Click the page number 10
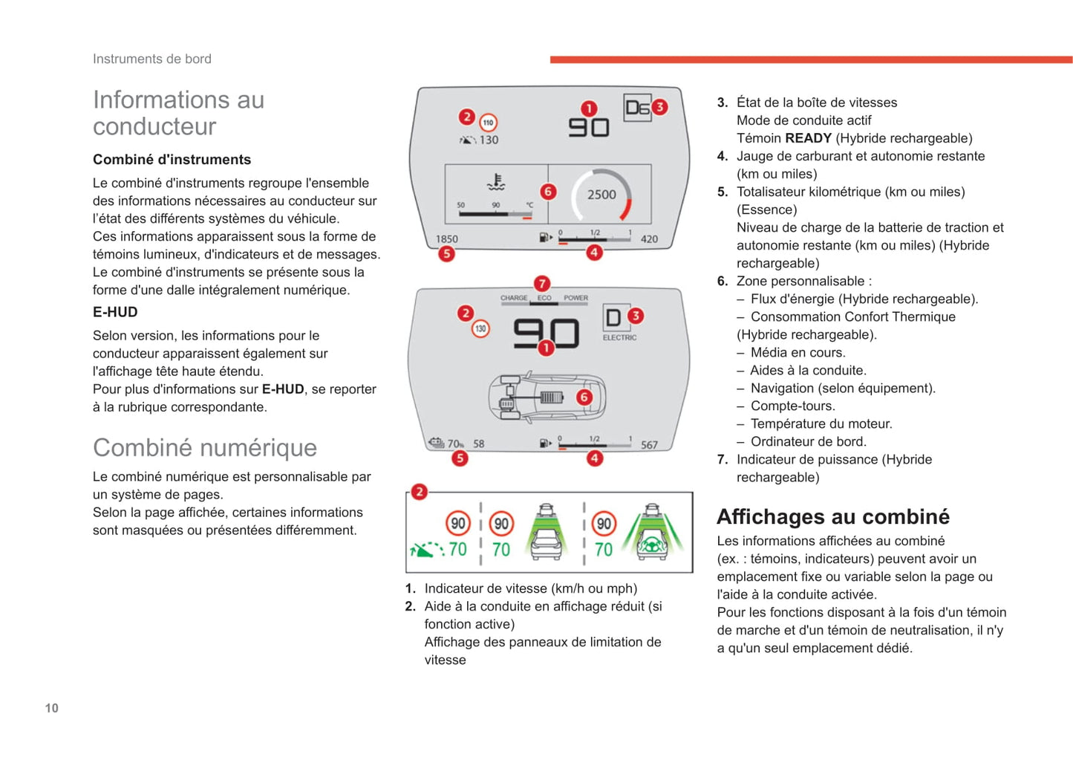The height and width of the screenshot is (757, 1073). [52, 708]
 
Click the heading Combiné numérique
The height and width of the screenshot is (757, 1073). [204, 447]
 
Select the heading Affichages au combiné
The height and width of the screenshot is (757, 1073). [832, 516]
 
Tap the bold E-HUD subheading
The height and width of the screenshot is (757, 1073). [115, 312]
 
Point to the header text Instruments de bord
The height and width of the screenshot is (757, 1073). [151, 59]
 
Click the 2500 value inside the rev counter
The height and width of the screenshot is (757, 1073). [601, 195]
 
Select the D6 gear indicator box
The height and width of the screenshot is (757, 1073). [637, 108]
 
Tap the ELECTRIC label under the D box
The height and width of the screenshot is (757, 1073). [619, 337]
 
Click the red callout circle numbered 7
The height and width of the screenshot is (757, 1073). [542, 283]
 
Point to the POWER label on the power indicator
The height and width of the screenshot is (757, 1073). [575, 298]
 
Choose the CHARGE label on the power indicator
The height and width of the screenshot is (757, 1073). [514, 298]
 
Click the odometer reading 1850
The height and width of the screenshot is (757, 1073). [446, 239]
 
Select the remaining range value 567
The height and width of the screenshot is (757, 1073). [649, 445]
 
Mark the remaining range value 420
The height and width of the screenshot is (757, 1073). [649, 239]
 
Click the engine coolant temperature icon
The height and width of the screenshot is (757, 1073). [496, 183]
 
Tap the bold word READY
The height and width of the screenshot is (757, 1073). [808, 138]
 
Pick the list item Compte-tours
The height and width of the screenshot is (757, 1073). [792, 406]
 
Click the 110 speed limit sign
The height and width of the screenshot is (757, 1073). [488, 123]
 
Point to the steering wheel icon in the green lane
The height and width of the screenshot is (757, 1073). [653, 545]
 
